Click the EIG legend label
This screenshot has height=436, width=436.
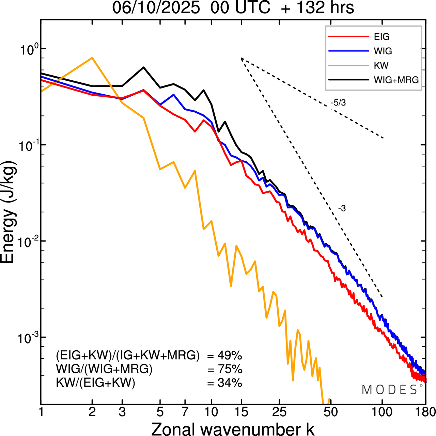tap(381, 37)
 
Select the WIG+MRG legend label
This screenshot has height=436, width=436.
tap(396, 80)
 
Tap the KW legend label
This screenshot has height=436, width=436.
tap(381, 65)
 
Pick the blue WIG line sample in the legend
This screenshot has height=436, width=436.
tap(349, 51)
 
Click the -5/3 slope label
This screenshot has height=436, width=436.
tap(338, 102)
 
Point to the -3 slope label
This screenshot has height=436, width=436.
tap(342, 209)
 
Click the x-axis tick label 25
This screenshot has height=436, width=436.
tap(279, 412)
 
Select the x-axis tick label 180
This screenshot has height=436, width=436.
tap(425, 412)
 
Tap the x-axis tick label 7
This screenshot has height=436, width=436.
tap(185, 412)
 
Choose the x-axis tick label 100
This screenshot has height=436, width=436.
tap(382, 412)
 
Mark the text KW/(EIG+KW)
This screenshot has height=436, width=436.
tap(96, 383)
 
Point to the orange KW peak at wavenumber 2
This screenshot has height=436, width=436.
tap(92, 58)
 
